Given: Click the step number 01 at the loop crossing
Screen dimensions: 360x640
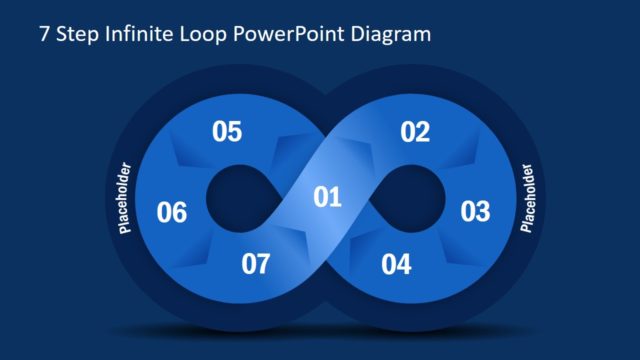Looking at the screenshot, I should pyautogui.click(x=328, y=197).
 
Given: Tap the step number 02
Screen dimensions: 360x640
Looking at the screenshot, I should pyautogui.click(x=415, y=132).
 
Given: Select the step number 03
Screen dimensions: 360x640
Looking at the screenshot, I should pyautogui.click(x=475, y=212).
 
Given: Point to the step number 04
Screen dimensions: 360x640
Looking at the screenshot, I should pyautogui.click(x=396, y=265).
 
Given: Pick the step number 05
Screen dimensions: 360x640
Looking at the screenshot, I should pyautogui.click(x=227, y=132).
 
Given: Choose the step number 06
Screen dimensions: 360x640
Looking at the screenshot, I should pyautogui.click(x=172, y=212).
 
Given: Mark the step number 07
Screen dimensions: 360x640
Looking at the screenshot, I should pyautogui.click(x=256, y=265).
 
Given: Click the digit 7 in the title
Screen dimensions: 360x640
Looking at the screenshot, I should pyautogui.click(x=44, y=34).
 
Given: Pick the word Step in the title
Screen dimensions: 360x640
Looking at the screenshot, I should pyautogui.click(x=76, y=34).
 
